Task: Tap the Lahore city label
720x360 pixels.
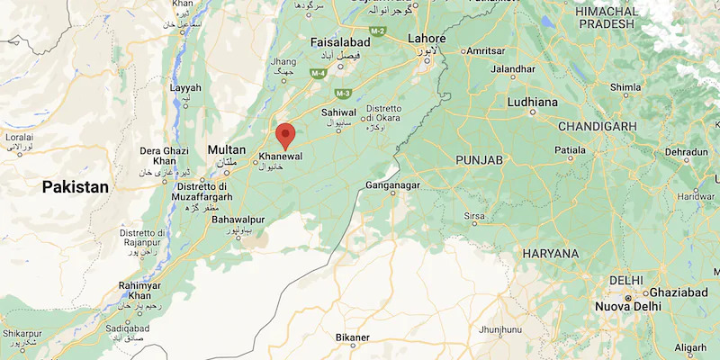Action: pyautogui.click(x=427, y=39)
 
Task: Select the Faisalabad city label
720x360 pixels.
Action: pyautogui.click(x=340, y=42)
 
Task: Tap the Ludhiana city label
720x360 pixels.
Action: pyautogui.click(x=532, y=103)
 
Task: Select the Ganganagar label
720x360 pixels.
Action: pyautogui.click(x=393, y=186)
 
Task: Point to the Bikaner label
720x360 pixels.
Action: pyautogui.click(x=352, y=337)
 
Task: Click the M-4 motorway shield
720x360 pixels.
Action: pyautogui.click(x=318, y=73)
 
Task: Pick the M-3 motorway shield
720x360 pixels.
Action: pyautogui.click(x=342, y=93)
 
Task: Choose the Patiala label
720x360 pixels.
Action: pyautogui.click(x=569, y=149)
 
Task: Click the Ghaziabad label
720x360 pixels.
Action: pyautogui.click(x=679, y=294)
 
